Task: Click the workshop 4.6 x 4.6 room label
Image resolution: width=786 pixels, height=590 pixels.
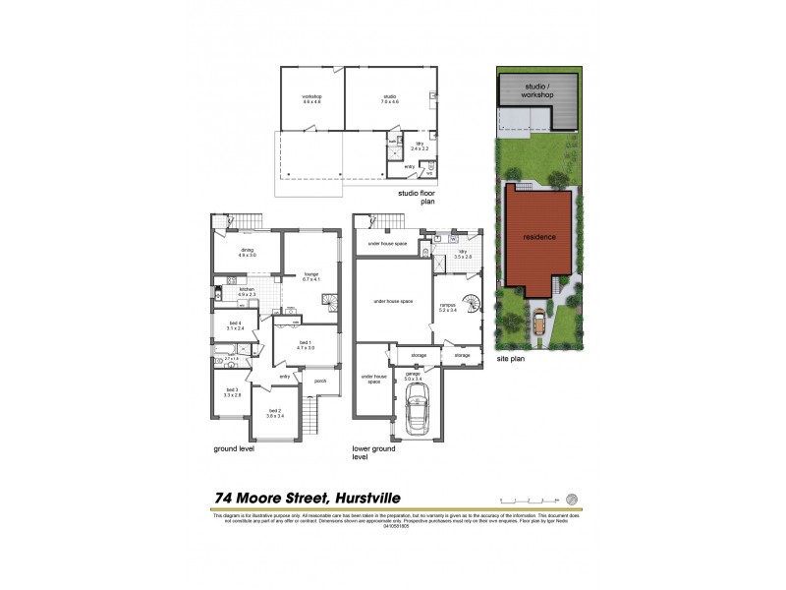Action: (312, 99)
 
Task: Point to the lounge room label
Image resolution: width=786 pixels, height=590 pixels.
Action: (311, 276)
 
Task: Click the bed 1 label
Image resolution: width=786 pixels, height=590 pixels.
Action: (306, 345)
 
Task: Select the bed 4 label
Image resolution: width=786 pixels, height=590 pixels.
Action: (235, 325)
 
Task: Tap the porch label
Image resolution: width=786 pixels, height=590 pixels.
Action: (320, 382)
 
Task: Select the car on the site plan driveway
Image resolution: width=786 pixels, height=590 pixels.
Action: (539, 320)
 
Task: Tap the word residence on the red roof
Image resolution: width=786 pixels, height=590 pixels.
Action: (539, 237)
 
